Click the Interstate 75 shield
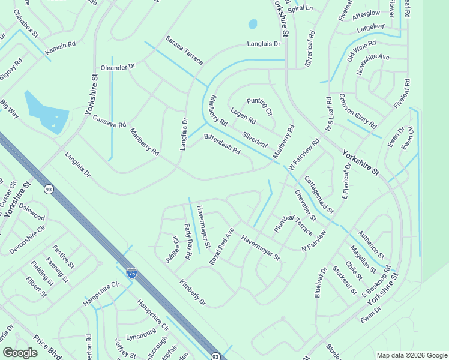[x=132, y=273]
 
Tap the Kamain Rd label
[x=61, y=45]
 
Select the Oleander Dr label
[x=118, y=67]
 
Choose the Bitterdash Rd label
[x=222, y=144]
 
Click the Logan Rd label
[x=243, y=116]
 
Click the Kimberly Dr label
[x=192, y=292]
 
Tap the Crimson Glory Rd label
[x=358, y=112]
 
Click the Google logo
[x=20, y=353]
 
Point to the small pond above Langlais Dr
[x=253, y=24]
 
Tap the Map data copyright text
[x=411, y=355]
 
